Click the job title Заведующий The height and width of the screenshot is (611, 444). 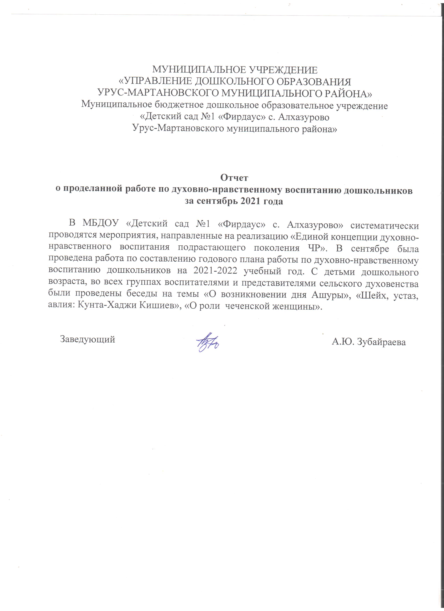pos(88,339)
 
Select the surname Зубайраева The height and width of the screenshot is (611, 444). pos(381,342)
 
